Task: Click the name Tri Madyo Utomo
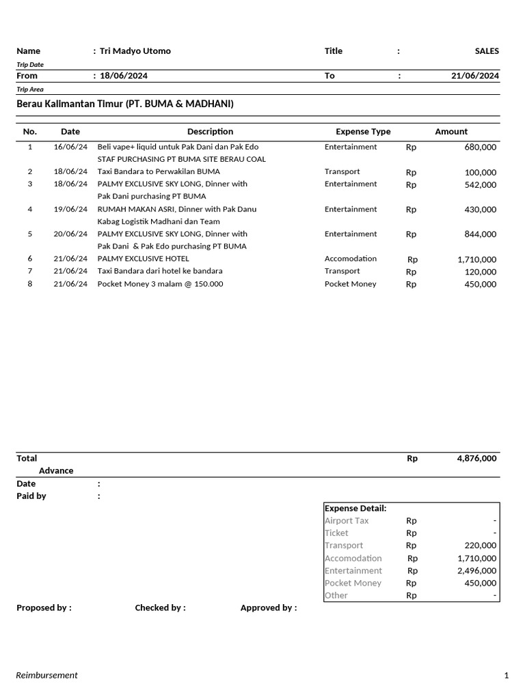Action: (x=135, y=51)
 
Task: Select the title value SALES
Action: (x=487, y=51)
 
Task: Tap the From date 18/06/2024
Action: (x=124, y=76)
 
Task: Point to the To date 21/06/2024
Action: (x=475, y=76)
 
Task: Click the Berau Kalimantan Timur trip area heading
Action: (x=125, y=104)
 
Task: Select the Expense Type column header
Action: (x=363, y=132)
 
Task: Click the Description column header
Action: (x=210, y=132)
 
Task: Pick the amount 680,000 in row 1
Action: (x=481, y=147)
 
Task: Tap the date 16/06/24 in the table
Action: (x=70, y=147)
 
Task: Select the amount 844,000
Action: (x=481, y=234)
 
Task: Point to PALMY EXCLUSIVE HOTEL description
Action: (x=144, y=259)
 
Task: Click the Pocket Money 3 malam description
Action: (x=160, y=284)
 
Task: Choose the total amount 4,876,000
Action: (x=476, y=459)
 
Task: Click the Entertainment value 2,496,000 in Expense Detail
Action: (x=477, y=571)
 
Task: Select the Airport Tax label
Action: (x=347, y=521)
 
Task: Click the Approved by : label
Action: (x=269, y=608)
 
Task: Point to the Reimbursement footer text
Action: (x=47, y=675)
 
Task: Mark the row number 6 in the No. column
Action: (x=30, y=259)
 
